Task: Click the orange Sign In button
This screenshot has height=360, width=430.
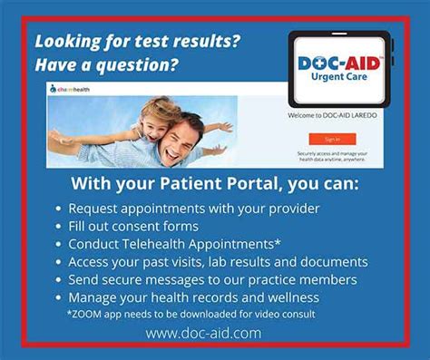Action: click(x=332, y=140)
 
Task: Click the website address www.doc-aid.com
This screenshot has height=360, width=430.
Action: click(x=203, y=333)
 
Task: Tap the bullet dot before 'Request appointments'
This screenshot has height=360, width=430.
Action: click(x=57, y=209)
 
